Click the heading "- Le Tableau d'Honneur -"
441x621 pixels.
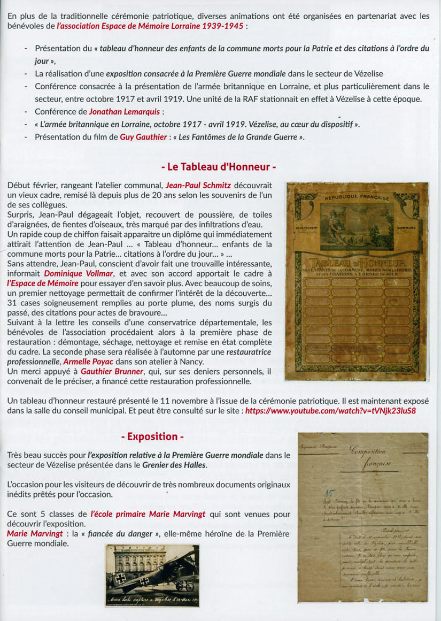[219, 167]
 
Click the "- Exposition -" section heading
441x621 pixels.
[152, 436]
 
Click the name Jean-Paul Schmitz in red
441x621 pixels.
[198, 185]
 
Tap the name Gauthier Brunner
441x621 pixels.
[112, 372]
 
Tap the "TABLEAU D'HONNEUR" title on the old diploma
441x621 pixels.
[356, 263]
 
